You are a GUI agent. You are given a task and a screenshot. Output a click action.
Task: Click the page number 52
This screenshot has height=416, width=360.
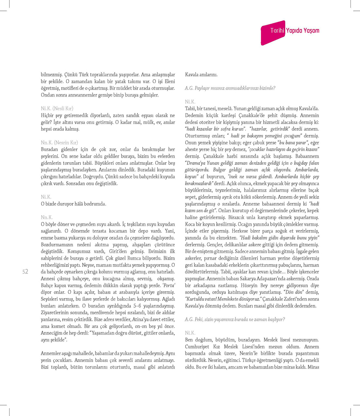[25, 272]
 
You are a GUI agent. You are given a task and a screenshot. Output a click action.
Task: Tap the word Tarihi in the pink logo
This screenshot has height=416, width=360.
[277, 31]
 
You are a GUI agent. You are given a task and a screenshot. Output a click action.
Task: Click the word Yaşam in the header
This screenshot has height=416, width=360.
[311, 31]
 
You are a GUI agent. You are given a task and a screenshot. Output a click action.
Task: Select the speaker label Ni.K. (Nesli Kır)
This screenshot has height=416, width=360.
[57, 109]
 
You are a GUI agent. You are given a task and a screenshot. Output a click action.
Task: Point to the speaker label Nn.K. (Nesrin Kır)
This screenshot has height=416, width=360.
[59, 143]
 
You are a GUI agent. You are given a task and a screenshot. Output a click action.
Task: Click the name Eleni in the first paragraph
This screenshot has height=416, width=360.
[169, 82]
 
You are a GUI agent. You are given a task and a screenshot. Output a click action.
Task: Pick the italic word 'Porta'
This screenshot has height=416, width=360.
[169, 286]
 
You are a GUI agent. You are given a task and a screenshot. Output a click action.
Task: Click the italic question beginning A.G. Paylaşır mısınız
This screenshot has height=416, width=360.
[230, 88]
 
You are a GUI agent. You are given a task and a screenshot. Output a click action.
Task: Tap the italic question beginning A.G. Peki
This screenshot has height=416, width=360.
[235, 320]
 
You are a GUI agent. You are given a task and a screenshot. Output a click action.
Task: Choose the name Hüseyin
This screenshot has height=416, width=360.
[249, 286]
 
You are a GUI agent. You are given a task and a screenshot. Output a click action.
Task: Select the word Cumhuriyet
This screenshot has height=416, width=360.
[197, 347]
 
